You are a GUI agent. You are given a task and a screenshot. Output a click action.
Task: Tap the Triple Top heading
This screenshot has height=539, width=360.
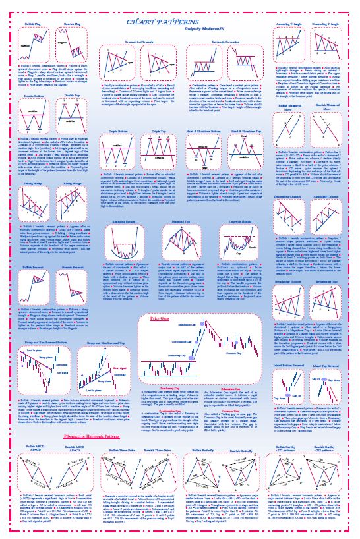click(x=158, y=132)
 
